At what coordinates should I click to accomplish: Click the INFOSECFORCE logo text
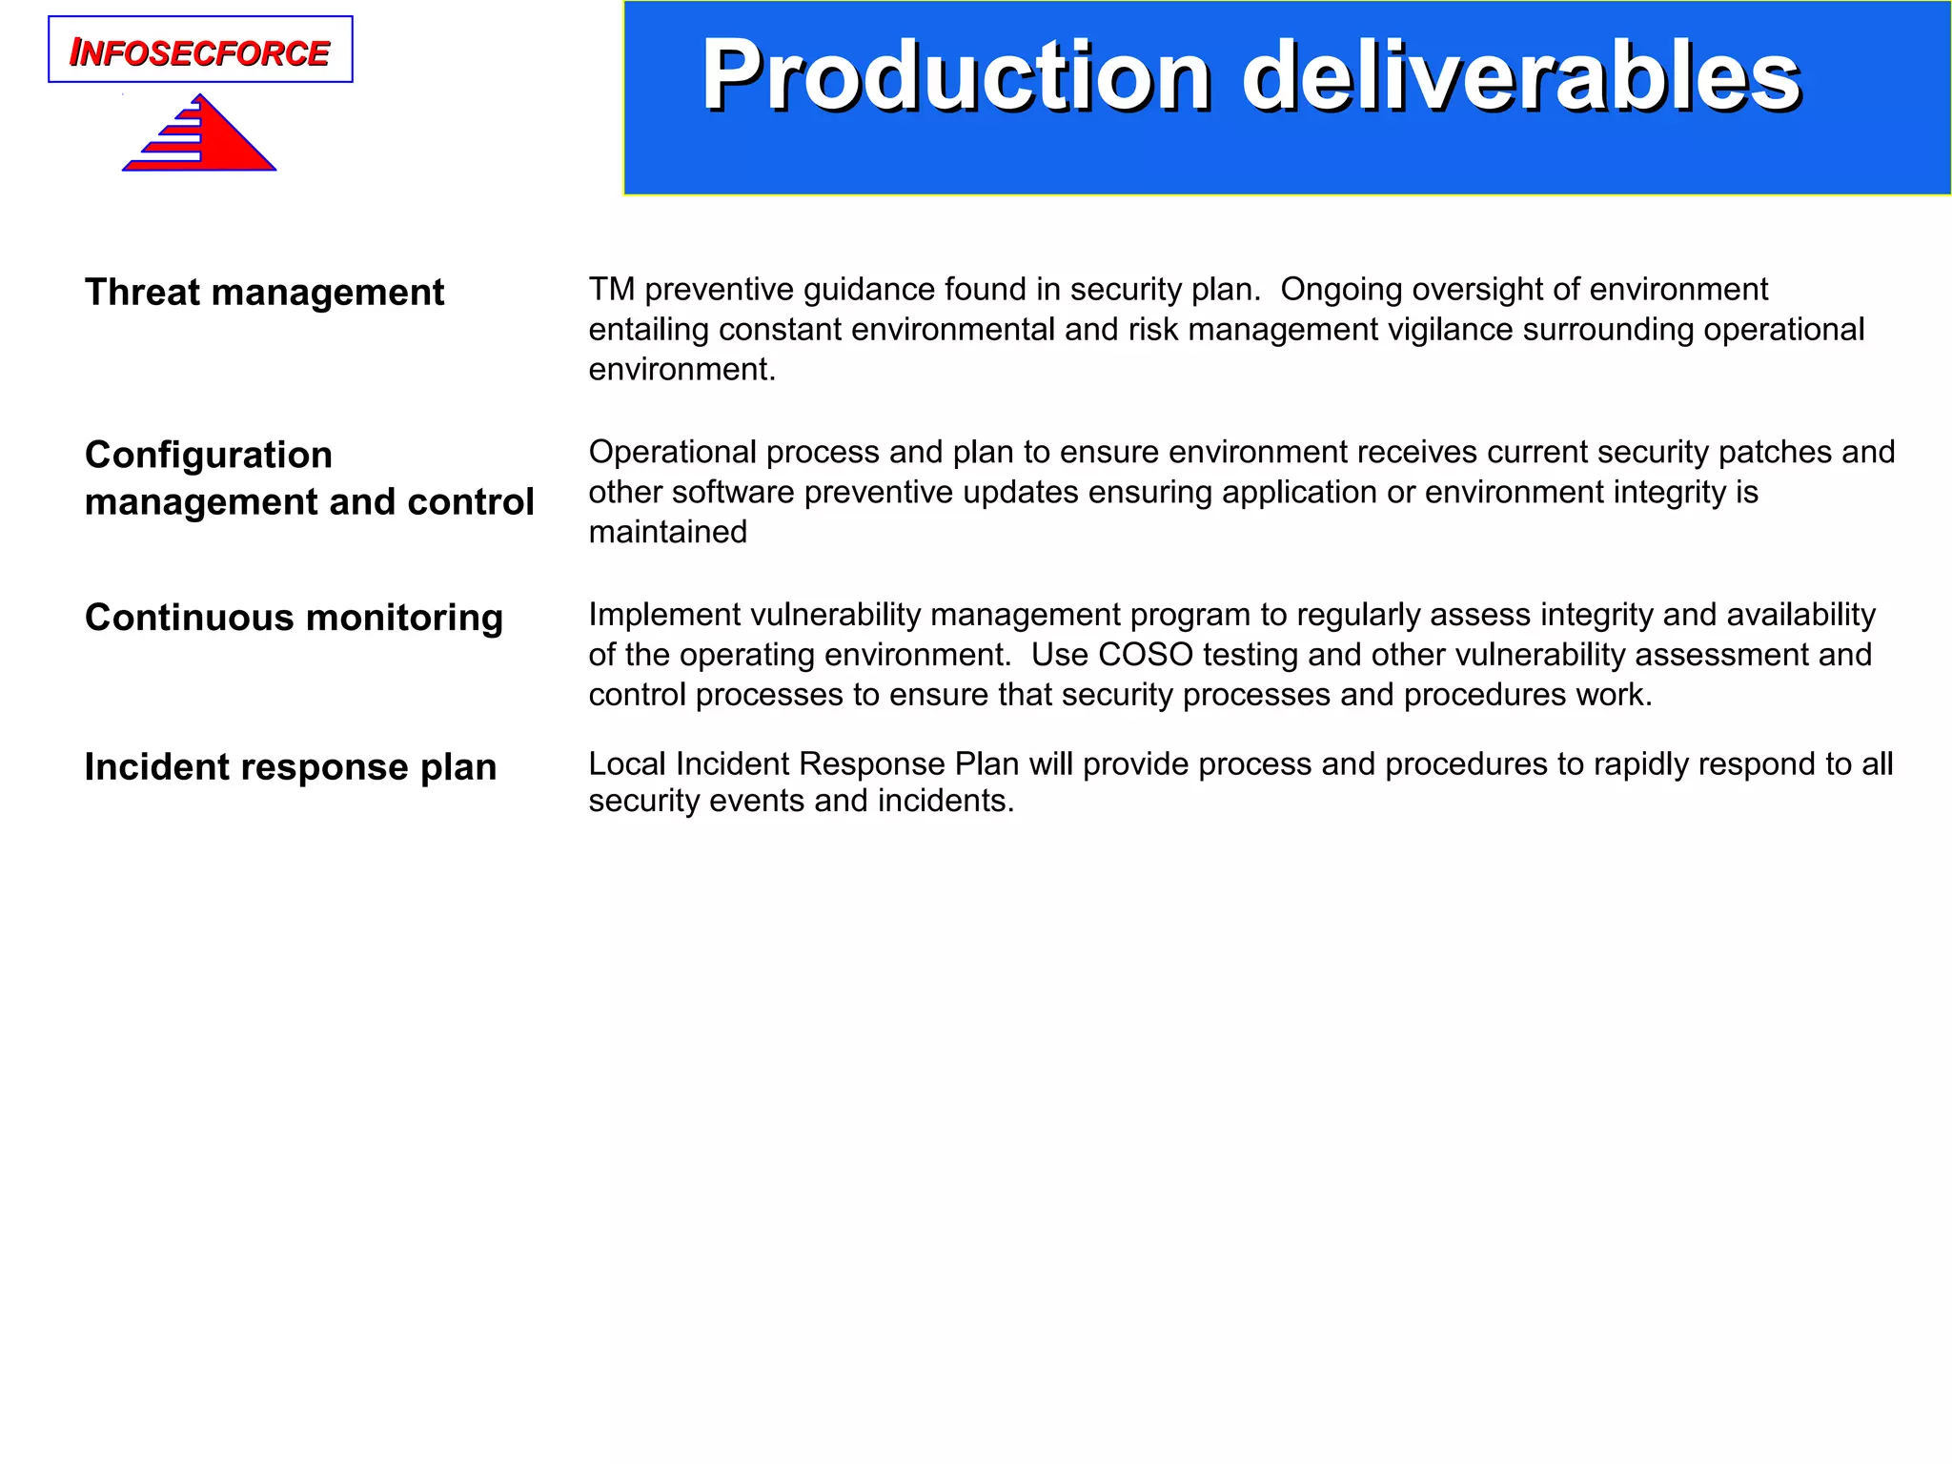click(x=200, y=52)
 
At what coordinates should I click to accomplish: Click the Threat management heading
click(x=264, y=293)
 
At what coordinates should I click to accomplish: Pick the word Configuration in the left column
click(x=209, y=456)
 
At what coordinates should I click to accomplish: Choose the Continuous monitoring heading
click(x=294, y=618)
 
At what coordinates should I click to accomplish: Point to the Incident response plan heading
click(x=291, y=767)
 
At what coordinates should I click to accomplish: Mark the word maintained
click(x=667, y=532)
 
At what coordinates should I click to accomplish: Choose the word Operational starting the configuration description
click(x=672, y=452)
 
